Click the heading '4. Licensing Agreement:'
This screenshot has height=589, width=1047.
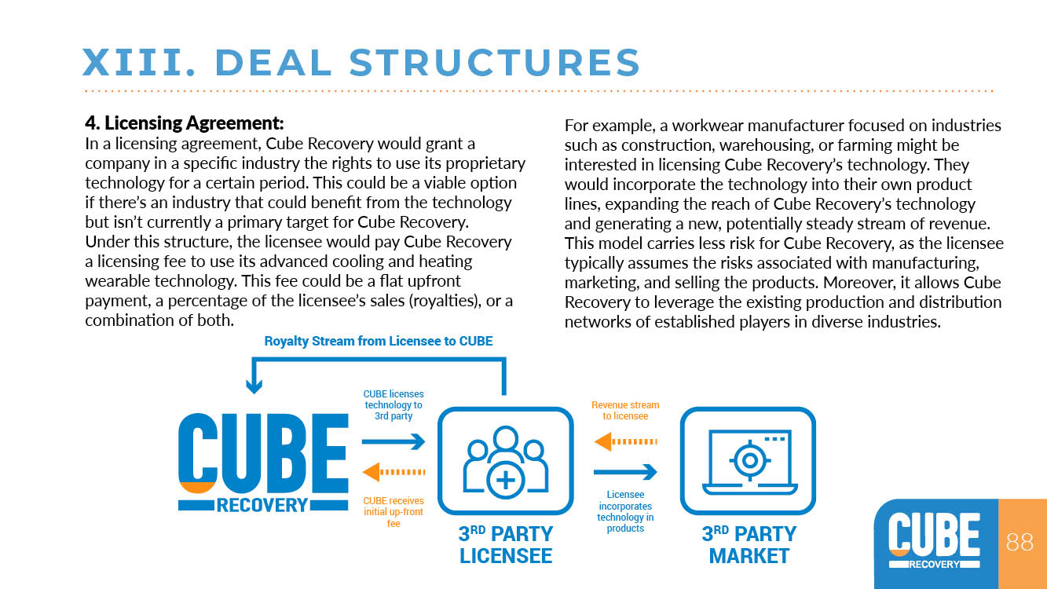click(x=184, y=123)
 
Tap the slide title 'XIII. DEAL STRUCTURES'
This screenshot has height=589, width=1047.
click(x=361, y=62)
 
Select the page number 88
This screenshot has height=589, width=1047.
click(x=1020, y=542)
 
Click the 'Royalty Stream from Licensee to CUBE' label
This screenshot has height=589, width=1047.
click(x=379, y=342)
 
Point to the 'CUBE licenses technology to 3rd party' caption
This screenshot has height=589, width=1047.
click(x=394, y=404)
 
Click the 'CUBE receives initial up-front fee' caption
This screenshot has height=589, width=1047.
click(x=394, y=512)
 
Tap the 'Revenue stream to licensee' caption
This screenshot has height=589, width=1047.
click(x=625, y=411)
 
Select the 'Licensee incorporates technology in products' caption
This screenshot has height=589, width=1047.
click(x=625, y=511)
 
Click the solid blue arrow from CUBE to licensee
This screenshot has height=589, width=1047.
click(x=394, y=441)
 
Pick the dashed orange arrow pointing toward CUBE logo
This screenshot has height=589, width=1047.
click(x=394, y=472)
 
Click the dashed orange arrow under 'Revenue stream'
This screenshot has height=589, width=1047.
click(x=625, y=441)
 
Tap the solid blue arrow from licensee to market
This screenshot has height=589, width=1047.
click(x=625, y=472)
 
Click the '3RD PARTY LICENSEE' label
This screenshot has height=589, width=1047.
click(x=506, y=544)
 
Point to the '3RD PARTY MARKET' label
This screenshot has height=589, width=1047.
click(x=749, y=544)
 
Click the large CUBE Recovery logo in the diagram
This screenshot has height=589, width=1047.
click(x=263, y=463)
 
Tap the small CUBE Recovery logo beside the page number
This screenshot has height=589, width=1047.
click(x=935, y=541)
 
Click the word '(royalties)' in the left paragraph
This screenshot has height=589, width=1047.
click(x=445, y=301)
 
